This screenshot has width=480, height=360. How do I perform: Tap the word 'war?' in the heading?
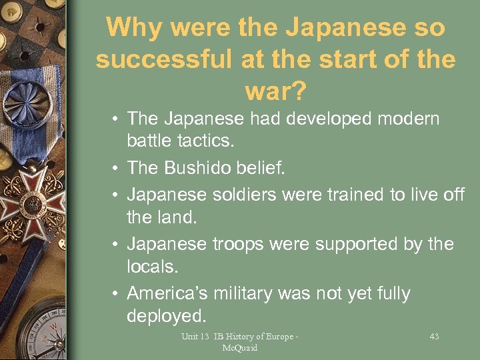coord(276,91)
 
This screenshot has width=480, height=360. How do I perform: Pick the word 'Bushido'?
coord(203,169)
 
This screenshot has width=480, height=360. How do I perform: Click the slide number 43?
coord(434,337)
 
